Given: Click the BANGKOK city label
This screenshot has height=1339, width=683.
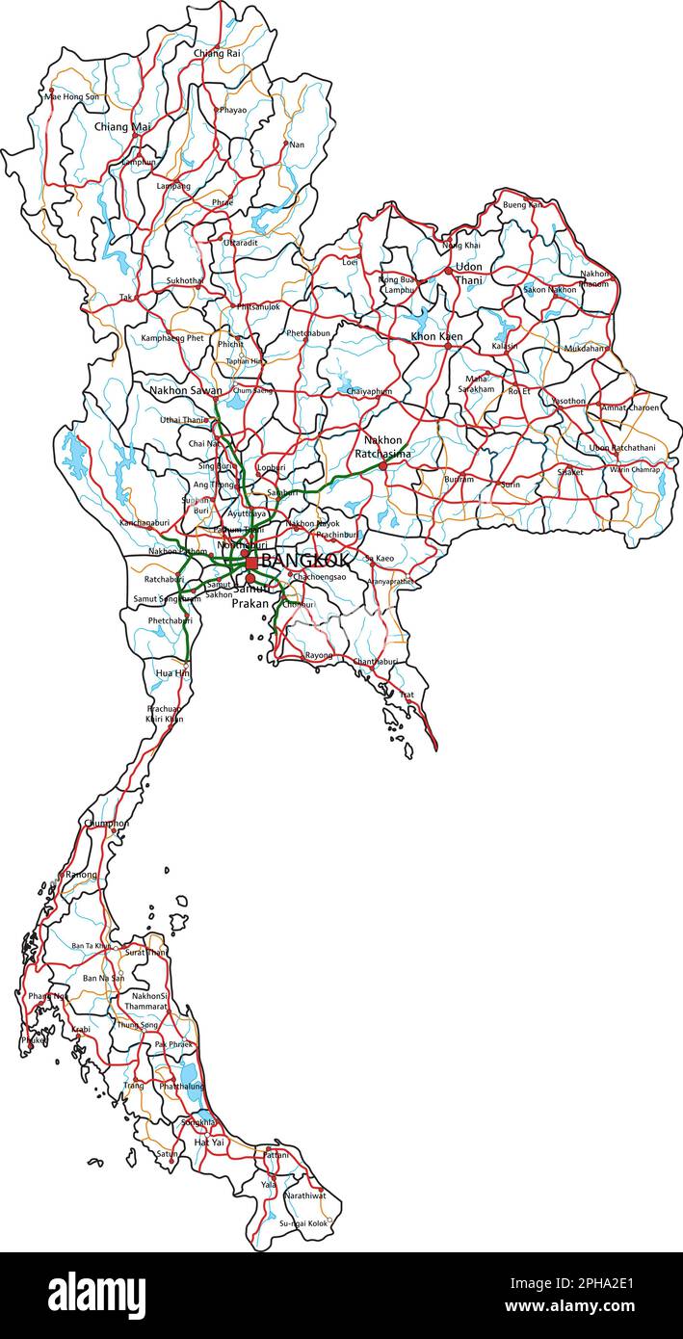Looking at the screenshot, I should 305,561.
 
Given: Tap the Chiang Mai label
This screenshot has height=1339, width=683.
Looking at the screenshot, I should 122,126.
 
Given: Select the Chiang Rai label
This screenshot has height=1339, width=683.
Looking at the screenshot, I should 217,54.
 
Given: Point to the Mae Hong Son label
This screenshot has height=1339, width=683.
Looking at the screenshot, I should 73,96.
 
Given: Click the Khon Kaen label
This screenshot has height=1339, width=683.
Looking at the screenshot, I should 436,336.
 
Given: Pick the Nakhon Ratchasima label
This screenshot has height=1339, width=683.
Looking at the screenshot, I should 382,447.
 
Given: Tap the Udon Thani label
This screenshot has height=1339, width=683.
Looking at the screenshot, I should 468,274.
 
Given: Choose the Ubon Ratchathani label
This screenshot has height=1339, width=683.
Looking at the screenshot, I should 621,448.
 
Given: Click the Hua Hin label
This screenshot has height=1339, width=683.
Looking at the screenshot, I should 172,672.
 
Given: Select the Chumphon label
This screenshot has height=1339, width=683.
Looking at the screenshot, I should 106,824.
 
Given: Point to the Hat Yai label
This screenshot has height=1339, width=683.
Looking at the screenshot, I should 209,1142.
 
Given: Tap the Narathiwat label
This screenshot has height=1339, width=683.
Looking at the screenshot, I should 304,1195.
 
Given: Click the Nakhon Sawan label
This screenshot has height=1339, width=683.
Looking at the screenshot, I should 185,391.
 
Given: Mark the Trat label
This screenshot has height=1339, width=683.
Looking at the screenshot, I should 407,694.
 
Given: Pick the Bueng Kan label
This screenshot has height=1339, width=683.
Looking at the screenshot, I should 522,204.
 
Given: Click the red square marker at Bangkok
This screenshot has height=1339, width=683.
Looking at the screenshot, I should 251,562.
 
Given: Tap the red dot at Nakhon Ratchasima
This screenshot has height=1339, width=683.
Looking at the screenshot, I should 382,465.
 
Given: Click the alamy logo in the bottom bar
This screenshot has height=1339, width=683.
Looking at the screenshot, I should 96,1295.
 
